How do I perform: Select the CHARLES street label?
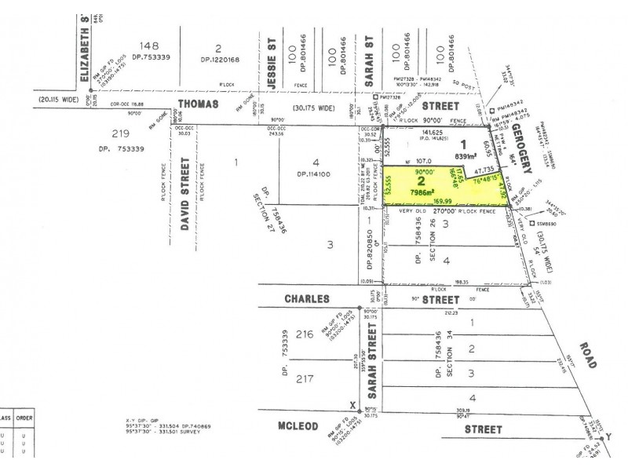[x=294, y=299]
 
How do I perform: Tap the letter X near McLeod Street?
[x=352, y=405]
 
